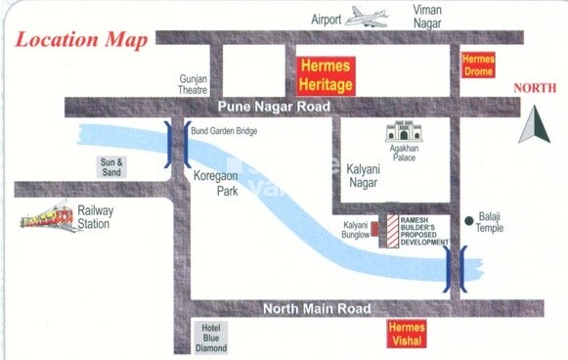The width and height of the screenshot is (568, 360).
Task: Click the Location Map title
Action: click(x=82, y=40)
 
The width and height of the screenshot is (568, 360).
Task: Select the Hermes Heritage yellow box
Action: click(x=326, y=75)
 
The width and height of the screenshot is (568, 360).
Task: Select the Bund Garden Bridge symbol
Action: click(x=177, y=146)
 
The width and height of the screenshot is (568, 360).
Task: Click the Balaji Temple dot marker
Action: click(x=470, y=219)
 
